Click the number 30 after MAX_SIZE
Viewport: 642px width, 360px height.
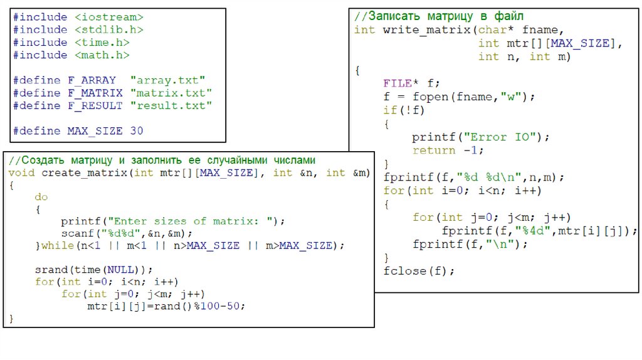click(x=137, y=131)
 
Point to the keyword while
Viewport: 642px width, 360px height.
click(x=57, y=245)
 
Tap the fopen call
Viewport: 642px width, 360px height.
click(x=429, y=97)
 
